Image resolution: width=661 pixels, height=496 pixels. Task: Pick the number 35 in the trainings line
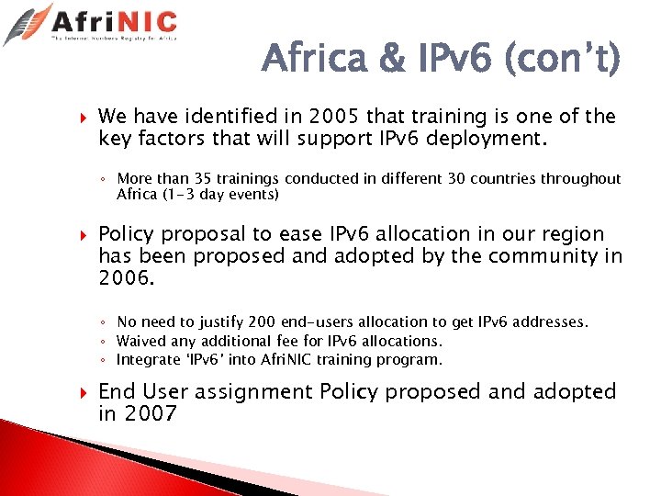207,178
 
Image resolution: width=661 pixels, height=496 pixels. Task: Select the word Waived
141,341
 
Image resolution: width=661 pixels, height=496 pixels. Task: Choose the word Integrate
148,359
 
